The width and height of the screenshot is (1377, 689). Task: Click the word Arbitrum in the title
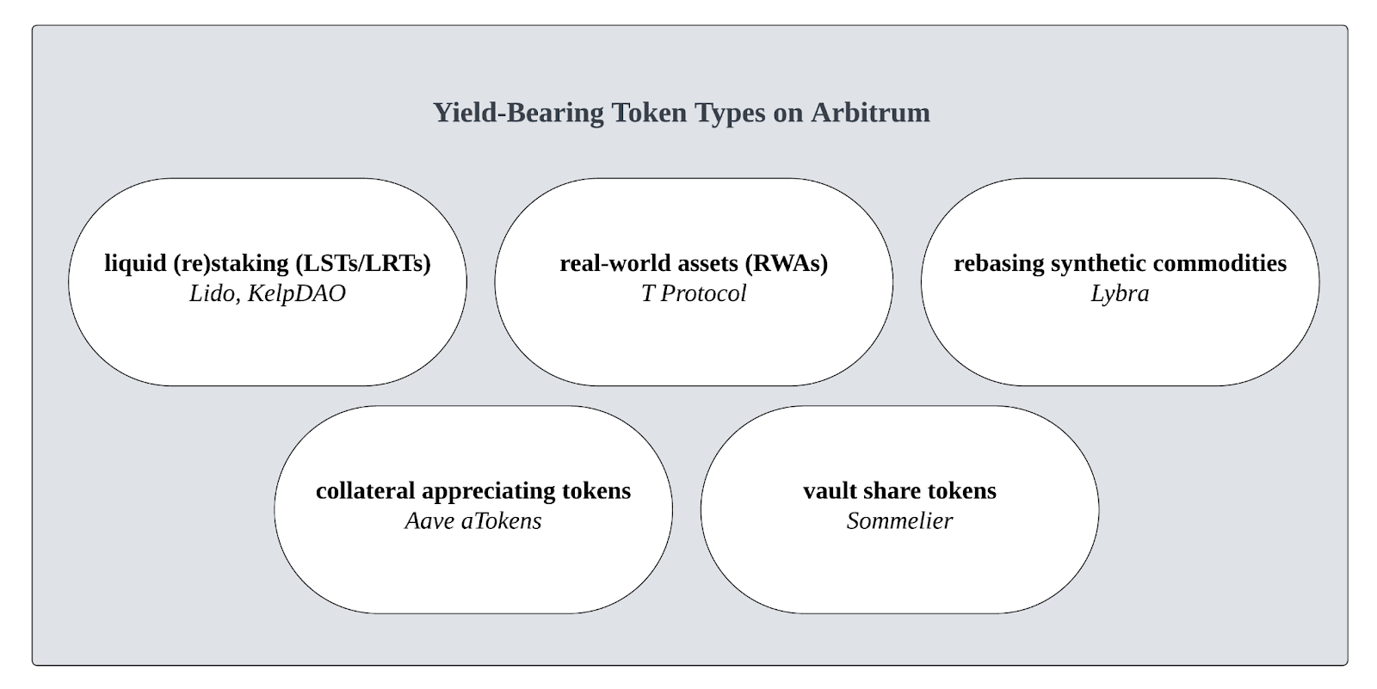click(870, 113)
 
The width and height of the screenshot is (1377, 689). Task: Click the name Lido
click(212, 294)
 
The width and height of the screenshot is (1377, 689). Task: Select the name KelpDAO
click(296, 294)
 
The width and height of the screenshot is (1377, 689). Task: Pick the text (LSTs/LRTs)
click(363, 264)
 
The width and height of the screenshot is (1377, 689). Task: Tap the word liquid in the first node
click(135, 264)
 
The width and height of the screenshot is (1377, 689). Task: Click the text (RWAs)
click(787, 264)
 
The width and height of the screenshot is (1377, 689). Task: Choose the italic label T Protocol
click(694, 294)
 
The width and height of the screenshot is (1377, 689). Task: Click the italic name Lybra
click(1120, 294)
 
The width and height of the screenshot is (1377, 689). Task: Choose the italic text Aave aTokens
click(472, 521)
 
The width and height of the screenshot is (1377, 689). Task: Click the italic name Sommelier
click(899, 521)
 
